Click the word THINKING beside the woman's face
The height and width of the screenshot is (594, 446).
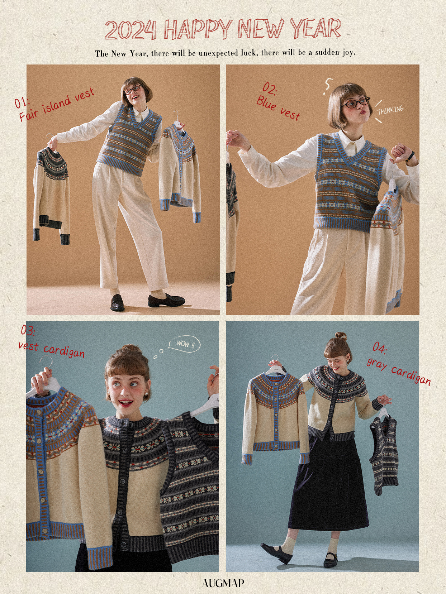390,110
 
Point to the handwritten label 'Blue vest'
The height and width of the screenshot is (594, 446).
278,107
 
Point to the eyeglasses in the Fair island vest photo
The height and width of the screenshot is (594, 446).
133,89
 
